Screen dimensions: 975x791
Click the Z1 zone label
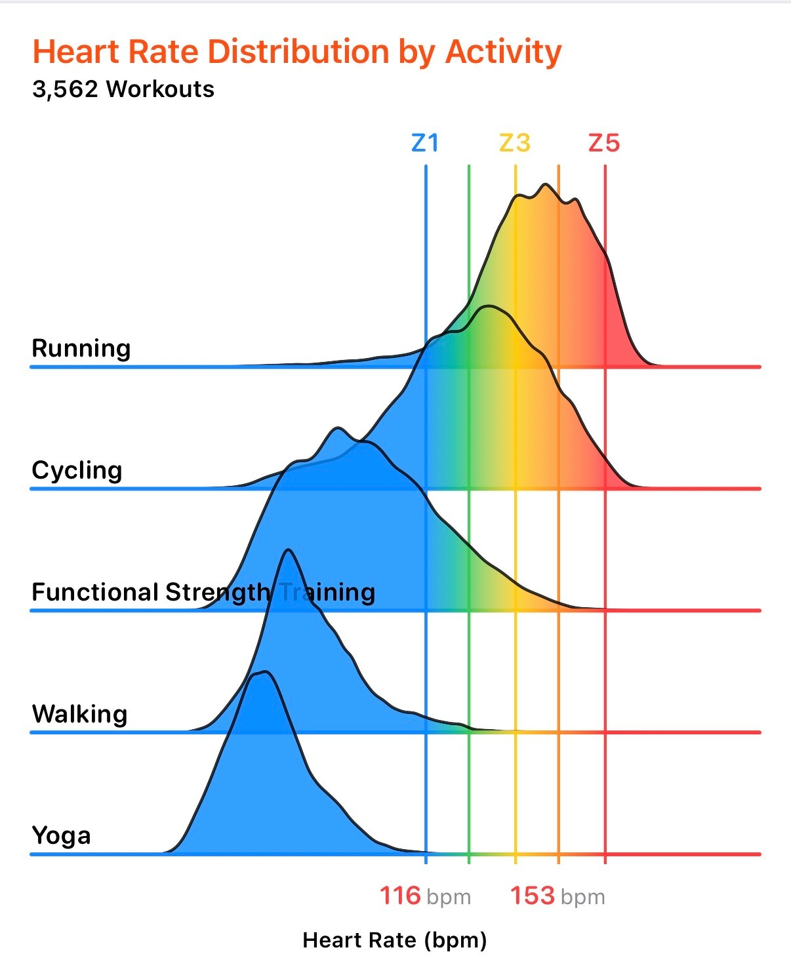(425, 143)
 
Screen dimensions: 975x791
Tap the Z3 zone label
(515, 143)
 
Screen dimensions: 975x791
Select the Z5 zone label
(604, 143)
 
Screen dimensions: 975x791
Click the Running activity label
(81, 348)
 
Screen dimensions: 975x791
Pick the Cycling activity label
(77, 470)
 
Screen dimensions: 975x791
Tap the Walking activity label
(80, 714)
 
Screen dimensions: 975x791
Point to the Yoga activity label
(62, 836)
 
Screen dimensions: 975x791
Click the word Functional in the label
(95, 592)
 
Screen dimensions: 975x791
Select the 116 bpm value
(401, 896)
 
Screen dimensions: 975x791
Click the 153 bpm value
(533, 896)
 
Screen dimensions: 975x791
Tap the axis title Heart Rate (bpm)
(395, 940)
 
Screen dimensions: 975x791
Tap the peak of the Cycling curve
(488, 306)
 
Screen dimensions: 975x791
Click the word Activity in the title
(503, 52)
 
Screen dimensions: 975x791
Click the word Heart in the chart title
(75, 52)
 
